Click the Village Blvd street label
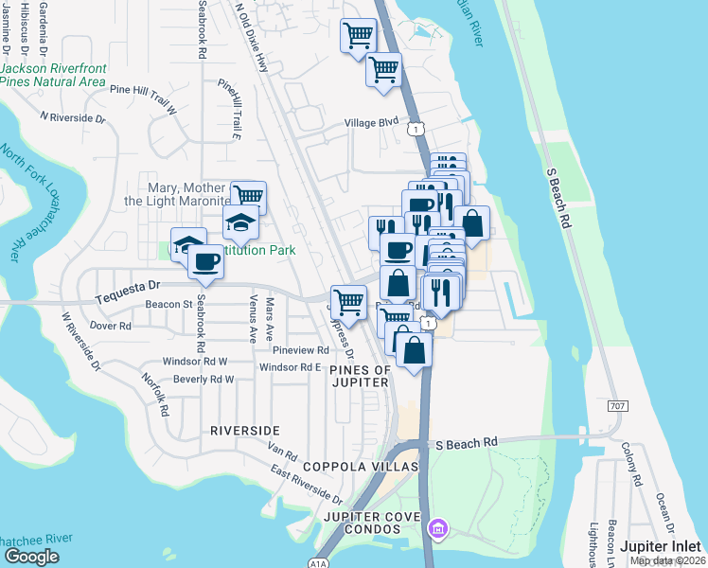tap(372, 123)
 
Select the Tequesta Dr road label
tap(130, 288)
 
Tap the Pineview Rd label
tap(300, 350)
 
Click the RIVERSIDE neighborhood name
tap(244, 430)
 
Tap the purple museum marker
tap(438, 527)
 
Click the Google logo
tap(31, 557)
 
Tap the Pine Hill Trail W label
tap(144, 98)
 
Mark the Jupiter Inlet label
tap(662, 546)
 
